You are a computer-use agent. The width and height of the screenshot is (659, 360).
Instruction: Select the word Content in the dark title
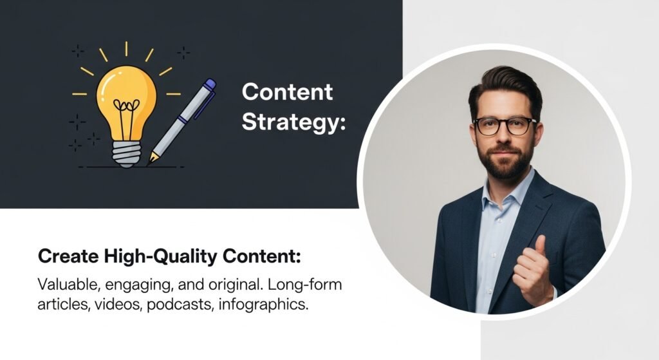[x=287, y=92]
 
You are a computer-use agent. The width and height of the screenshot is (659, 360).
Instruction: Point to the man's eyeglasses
[x=505, y=126]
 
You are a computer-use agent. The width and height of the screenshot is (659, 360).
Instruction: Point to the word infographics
[x=263, y=304]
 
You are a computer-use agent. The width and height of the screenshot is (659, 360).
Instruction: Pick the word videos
[x=118, y=304]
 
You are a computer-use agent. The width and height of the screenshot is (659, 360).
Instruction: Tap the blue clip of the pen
[x=204, y=103]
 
